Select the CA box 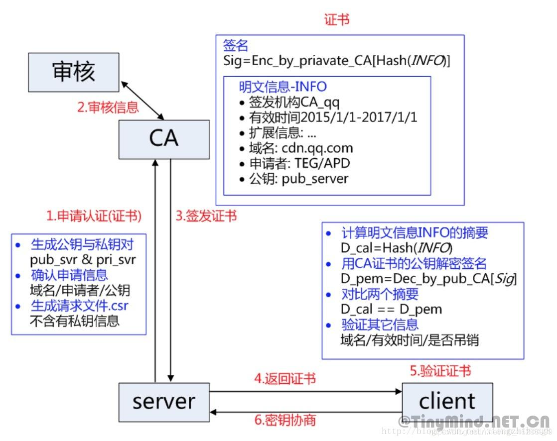[x=163, y=139]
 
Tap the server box [x=163, y=402]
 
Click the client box [x=447, y=402]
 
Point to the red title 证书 [x=337, y=19]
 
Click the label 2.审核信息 [x=108, y=108]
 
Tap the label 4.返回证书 [x=285, y=379]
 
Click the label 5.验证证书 [x=440, y=371]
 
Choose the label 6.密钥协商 [x=285, y=420]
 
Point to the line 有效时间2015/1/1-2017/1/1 [x=333, y=118]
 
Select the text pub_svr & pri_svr [x=83, y=259]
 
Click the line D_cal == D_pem [x=391, y=309]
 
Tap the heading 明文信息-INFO [x=282, y=87]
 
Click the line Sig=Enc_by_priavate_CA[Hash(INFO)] [x=337, y=61]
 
